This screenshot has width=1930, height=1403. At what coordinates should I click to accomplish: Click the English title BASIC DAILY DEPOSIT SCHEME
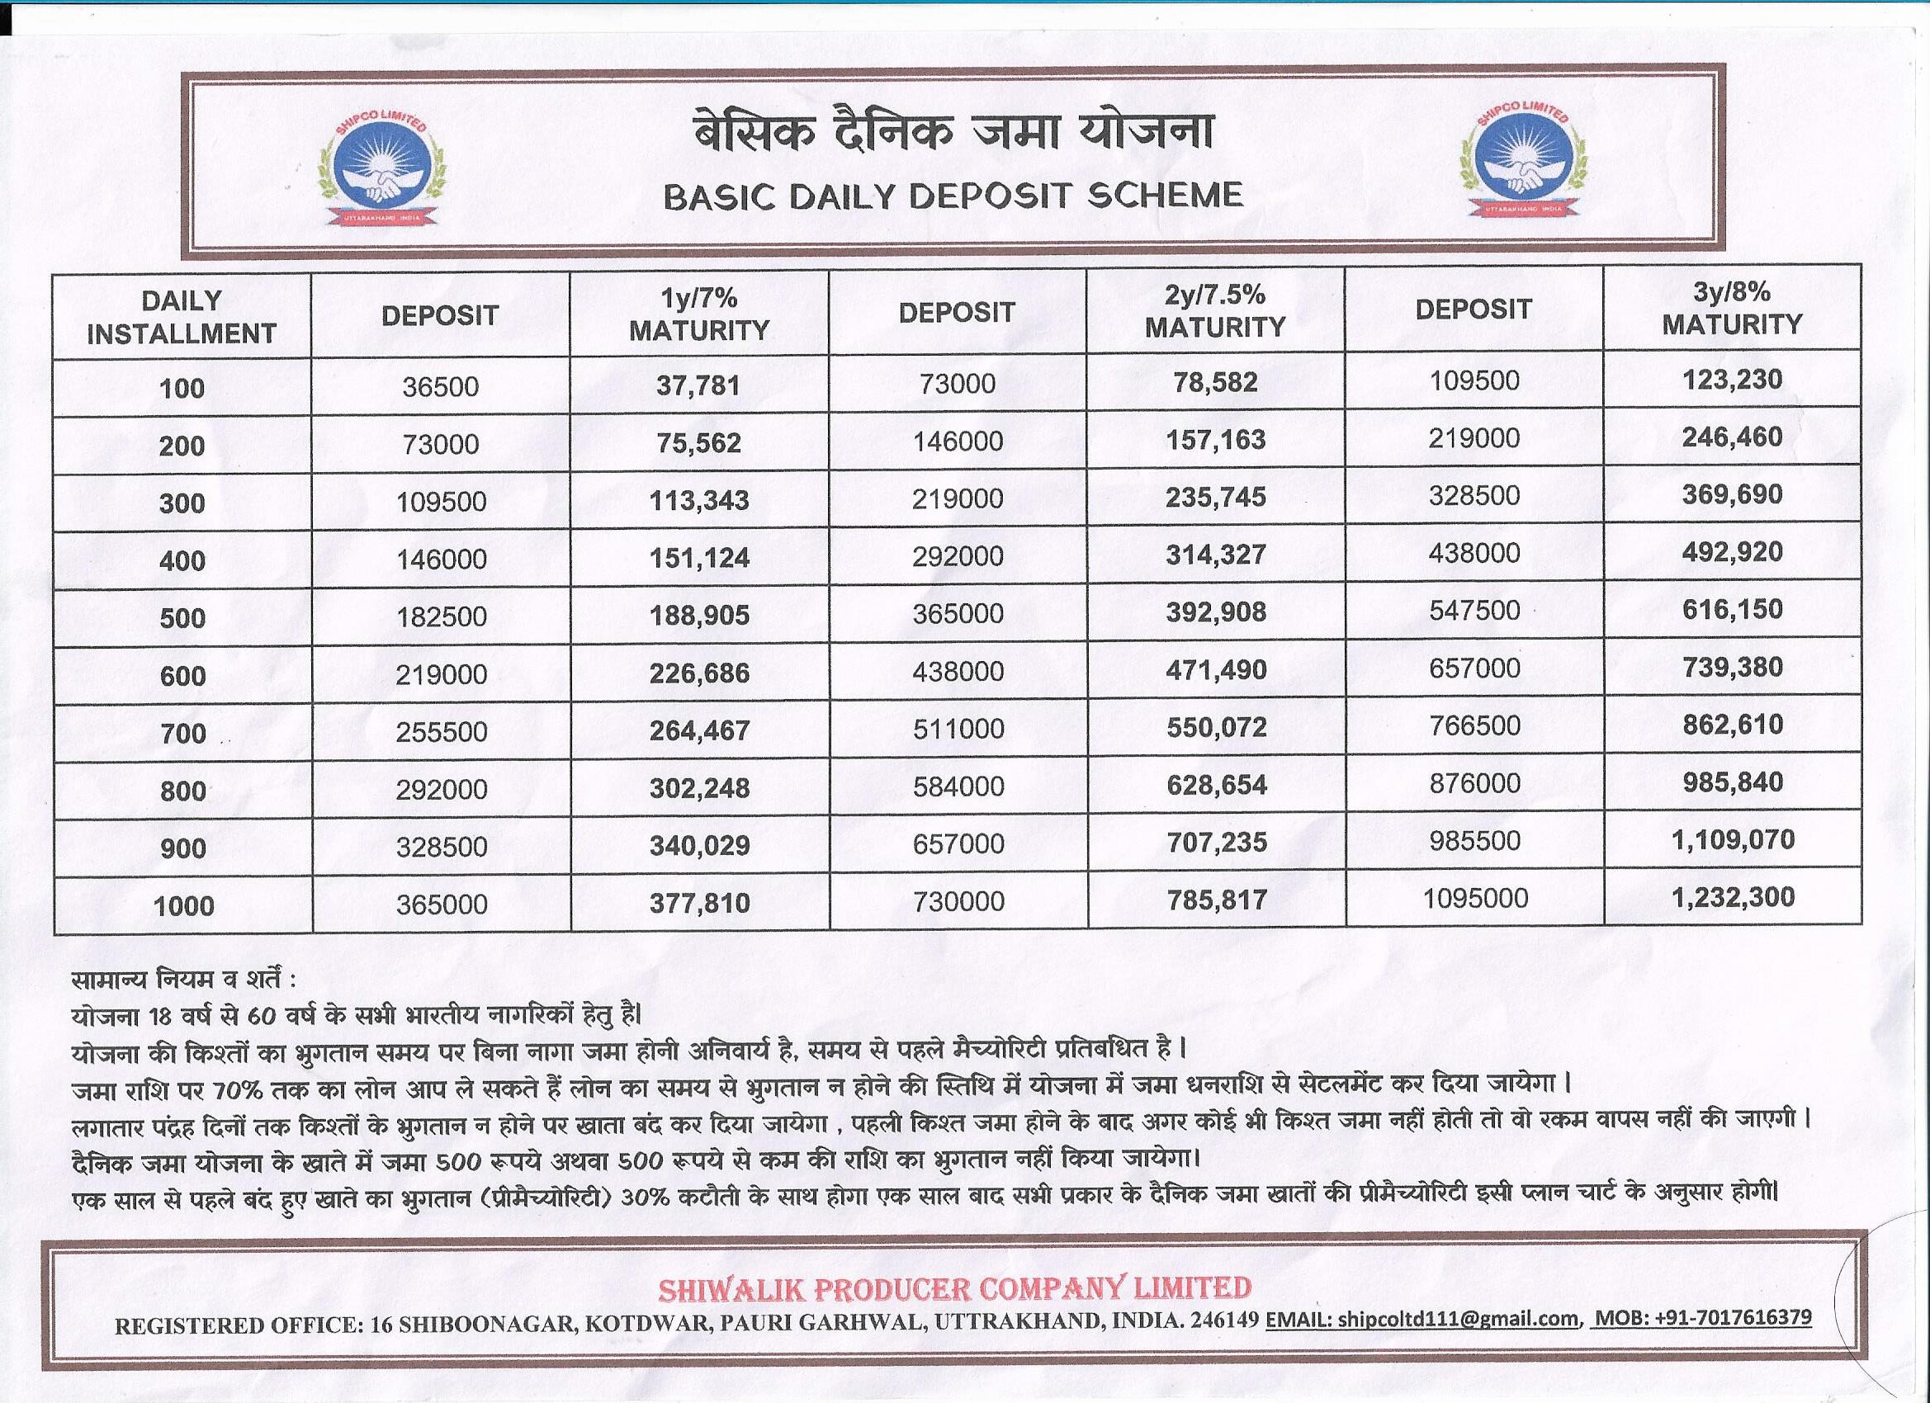[x=953, y=196]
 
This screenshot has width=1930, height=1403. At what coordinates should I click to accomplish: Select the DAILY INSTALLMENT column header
[x=182, y=317]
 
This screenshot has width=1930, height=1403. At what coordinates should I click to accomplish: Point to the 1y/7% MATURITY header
[x=698, y=314]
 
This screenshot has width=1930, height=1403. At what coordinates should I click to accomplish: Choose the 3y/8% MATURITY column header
[x=1732, y=308]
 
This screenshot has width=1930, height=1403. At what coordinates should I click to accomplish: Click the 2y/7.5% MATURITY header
[x=1214, y=310]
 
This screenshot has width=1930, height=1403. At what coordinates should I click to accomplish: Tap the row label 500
[x=182, y=617]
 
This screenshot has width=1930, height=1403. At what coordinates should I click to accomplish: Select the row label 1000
[x=183, y=905]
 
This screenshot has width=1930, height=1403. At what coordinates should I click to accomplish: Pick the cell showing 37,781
[x=698, y=385]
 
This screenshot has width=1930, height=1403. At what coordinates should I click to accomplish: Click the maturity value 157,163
[x=1215, y=440]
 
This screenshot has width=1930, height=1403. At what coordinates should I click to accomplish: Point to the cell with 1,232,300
[x=1733, y=897]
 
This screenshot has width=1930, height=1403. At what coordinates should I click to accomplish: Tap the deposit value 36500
[x=440, y=387]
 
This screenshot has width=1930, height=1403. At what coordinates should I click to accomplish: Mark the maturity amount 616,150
[x=1732, y=609]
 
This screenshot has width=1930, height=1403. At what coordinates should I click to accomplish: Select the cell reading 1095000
[x=1474, y=898]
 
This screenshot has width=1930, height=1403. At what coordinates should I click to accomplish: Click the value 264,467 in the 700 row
[x=698, y=730]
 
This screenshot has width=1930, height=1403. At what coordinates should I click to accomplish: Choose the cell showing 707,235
[x=1216, y=843]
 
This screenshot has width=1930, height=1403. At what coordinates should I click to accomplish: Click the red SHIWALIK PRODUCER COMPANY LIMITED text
[x=954, y=1288]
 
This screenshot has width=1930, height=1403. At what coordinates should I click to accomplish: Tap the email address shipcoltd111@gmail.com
[x=1458, y=1320]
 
